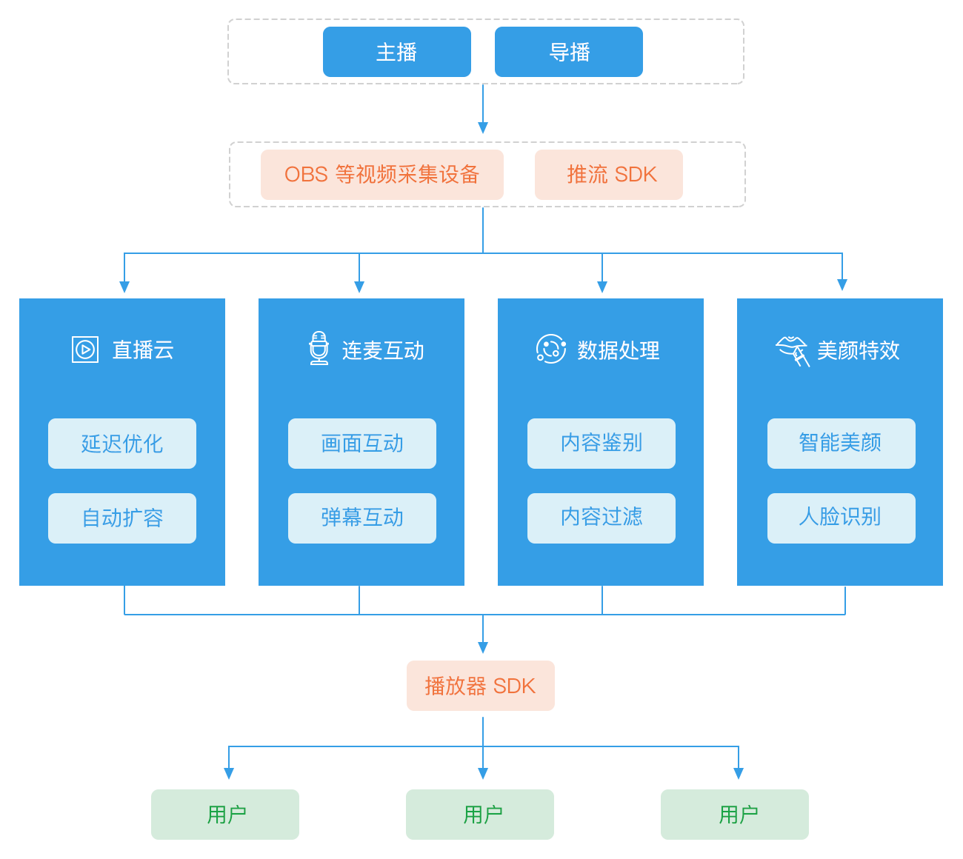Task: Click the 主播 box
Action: [x=396, y=52]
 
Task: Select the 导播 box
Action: [x=568, y=52]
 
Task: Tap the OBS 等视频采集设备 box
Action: [x=381, y=175]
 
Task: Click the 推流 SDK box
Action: [x=608, y=175]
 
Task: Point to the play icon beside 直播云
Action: [x=85, y=350]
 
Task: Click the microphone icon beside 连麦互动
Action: [x=319, y=349]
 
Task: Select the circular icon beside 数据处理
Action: [x=550, y=349]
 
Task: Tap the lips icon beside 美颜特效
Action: [x=792, y=350]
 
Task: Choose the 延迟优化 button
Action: [x=122, y=444]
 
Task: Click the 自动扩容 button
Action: [x=122, y=518]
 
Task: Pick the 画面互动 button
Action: [x=361, y=444]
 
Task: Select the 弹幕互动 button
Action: [x=361, y=518]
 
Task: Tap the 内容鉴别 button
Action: [x=601, y=444]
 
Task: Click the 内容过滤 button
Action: [x=601, y=518]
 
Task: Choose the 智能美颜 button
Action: [x=841, y=444]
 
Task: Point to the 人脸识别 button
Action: [x=841, y=518]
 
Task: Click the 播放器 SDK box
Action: [x=480, y=686]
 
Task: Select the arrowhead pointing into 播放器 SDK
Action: [x=483, y=648]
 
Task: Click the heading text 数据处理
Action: [x=619, y=350]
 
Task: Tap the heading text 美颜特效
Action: [x=858, y=350]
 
